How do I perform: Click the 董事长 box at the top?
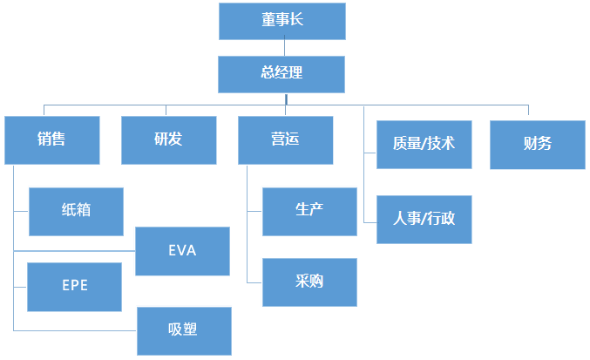281,21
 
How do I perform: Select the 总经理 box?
281,74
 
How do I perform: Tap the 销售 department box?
51,139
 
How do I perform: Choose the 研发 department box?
168,139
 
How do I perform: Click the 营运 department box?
285,139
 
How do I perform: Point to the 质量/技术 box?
424,144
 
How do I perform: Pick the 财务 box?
537,144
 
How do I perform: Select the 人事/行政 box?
424,219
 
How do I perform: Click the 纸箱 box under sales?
76,211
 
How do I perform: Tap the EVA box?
183,251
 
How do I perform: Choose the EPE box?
74,286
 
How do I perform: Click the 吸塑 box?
183,330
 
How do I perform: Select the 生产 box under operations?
309,210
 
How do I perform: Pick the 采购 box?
309,282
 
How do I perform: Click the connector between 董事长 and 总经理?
281,47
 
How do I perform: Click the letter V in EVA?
182,251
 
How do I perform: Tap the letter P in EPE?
74,286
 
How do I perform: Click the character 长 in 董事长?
295,21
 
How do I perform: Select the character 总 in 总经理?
268,74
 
